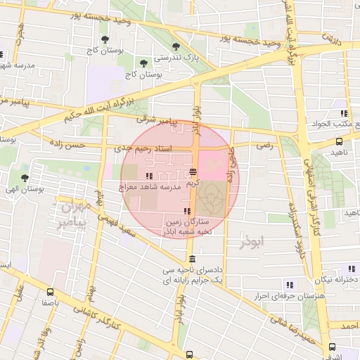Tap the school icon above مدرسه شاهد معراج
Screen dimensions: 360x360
tap(148, 176)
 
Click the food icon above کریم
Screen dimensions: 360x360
tap(193, 173)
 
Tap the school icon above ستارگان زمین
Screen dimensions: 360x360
tap(186, 212)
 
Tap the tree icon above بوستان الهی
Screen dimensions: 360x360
tap(25, 179)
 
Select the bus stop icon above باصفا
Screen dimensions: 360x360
tap(49, 292)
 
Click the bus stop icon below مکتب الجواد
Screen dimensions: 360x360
tap(339, 141)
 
